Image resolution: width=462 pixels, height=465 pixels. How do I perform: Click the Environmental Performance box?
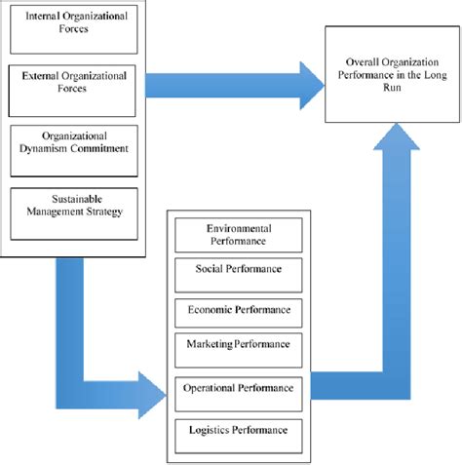[238, 234]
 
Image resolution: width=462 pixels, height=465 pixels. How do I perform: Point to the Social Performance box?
[238, 269]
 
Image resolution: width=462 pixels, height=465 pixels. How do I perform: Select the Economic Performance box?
[238, 310]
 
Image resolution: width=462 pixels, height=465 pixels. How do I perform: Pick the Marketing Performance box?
[238, 345]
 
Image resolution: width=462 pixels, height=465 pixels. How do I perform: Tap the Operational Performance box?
[238, 389]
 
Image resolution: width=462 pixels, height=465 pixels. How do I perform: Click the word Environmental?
[238, 227]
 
